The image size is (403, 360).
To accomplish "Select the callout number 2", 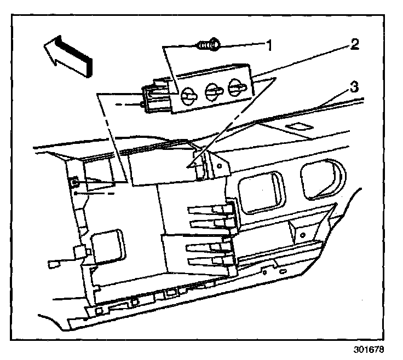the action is tap(354, 44).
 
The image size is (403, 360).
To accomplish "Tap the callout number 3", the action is tap(354, 86).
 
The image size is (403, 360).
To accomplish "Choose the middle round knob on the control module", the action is tap(212, 91).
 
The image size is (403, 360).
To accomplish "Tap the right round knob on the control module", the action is tap(237, 87).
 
